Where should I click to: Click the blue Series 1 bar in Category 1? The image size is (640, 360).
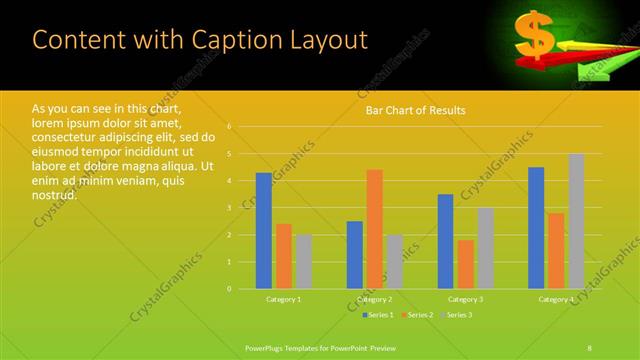(263, 231)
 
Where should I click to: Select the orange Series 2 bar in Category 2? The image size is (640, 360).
(374, 229)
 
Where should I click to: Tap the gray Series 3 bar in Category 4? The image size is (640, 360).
(576, 221)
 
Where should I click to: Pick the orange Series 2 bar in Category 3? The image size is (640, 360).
(465, 264)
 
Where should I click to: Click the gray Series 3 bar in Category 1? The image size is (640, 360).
(303, 262)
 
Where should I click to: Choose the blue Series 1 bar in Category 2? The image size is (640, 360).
(354, 255)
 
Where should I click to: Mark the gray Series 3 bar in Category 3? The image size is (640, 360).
(485, 248)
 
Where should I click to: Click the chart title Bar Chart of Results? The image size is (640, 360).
(415, 110)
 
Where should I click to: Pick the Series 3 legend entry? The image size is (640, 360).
(456, 315)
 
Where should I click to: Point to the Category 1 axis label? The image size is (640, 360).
(283, 299)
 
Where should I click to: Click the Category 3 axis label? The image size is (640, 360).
(465, 299)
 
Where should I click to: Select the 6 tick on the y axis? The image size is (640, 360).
(229, 127)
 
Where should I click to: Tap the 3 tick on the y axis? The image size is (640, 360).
(229, 208)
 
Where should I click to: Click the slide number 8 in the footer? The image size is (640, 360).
(590, 346)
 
